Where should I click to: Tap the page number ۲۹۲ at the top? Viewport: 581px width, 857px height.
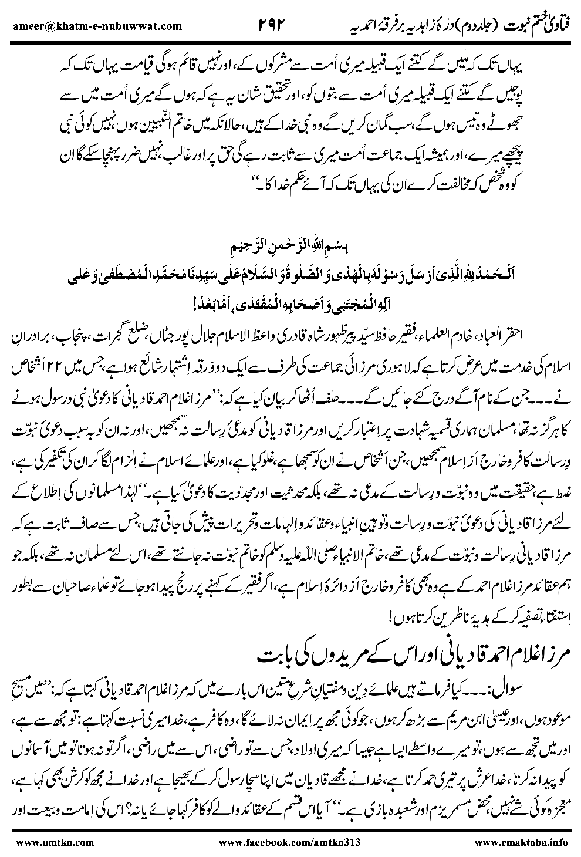tap(275, 25)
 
